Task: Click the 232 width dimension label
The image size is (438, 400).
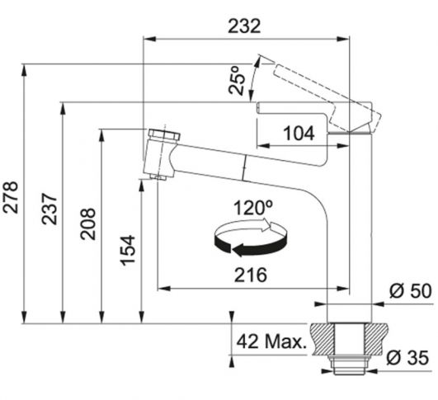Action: coord(244,26)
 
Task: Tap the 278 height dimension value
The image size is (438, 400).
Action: coord(11,197)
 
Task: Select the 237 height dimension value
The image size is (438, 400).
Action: coord(49,209)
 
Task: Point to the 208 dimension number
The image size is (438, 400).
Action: coord(87,224)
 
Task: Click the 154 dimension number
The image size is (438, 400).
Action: coord(128,250)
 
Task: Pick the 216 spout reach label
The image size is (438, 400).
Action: coord(251,275)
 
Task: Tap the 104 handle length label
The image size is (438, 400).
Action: coord(299,133)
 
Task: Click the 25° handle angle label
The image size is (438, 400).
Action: coord(237,81)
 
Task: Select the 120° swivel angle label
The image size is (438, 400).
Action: coord(253,208)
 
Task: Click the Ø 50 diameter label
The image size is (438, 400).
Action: coord(410,291)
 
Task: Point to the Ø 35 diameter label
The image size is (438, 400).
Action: coord(407,357)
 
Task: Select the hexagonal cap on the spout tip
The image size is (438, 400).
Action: coord(164,136)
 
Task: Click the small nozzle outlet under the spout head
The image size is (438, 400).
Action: coord(158,176)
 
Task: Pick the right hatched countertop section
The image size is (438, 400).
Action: coord(377,339)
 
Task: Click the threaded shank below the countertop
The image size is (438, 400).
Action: coord(350,365)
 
